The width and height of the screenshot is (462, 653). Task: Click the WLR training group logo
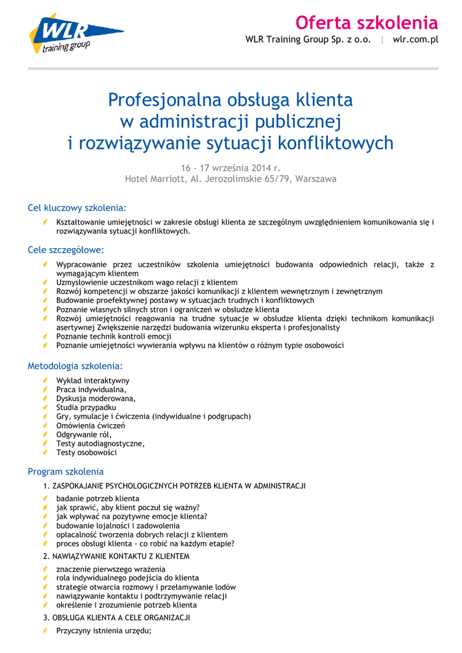75,35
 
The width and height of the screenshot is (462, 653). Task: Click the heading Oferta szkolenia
366,23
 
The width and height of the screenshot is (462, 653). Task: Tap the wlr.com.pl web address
415,40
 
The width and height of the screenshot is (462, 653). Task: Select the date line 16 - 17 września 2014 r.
230,167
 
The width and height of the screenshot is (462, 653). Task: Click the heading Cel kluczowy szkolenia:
77,208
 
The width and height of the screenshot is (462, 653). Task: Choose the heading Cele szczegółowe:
65,250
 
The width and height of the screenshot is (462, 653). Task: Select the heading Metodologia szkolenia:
74,366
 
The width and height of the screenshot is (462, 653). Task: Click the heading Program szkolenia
65,472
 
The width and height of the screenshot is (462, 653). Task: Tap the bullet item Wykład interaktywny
93,381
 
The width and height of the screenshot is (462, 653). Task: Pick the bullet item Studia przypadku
86,407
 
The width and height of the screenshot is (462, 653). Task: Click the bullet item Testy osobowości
86,452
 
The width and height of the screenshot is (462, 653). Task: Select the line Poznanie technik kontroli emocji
114,336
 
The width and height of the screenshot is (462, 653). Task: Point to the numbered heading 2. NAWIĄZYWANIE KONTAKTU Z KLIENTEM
116,556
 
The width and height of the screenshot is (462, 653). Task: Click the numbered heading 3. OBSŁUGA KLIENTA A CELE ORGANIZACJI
116,618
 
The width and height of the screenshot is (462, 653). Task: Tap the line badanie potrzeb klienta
98,499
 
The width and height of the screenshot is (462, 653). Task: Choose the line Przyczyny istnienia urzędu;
103,631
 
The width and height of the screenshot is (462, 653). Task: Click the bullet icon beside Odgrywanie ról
47,434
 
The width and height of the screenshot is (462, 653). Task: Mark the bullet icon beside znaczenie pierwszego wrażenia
47,569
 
